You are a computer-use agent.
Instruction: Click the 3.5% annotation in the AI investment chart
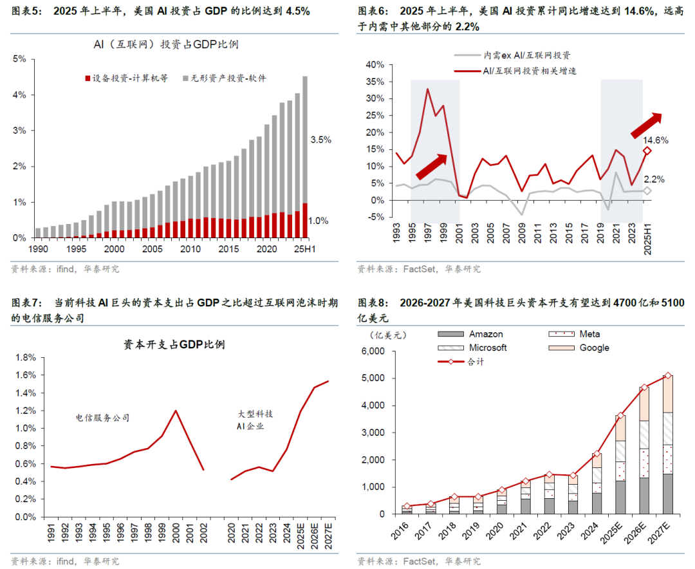(320, 140)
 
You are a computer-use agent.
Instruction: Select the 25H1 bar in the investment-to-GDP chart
(304, 158)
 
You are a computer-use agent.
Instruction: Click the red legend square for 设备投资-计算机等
(88, 79)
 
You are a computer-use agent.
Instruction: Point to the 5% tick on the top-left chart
(19, 59)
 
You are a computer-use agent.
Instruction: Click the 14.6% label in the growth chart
(656, 140)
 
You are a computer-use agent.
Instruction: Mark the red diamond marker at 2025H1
(647, 151)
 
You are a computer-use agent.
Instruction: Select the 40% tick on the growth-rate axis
(375, 64)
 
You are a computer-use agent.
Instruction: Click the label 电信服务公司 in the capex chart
(102, 418)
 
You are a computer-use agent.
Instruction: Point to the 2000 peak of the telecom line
(175, 411)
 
